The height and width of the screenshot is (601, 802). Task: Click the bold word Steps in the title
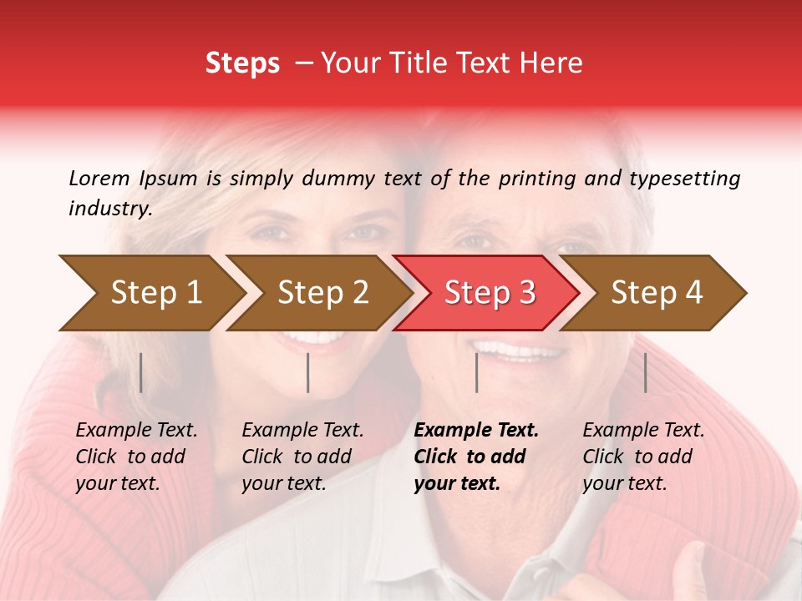pyautogui.click(x=242, y=63)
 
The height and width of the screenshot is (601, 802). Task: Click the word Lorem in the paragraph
pyautogui.click(x=99, y=178)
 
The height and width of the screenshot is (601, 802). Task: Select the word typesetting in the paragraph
pyautogui.click(x=684, y=178)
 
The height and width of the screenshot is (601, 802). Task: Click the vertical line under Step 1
pyautogui.click(x=141, y=372)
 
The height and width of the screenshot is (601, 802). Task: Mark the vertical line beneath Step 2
pyautogui.click(x=308, y=372)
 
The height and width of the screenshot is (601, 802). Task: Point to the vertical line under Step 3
pyautogui.click(x=477, y=372)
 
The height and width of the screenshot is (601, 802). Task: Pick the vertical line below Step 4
pyautogui.click(x=645, y=372)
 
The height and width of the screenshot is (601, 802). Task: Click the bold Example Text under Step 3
pyautogui.click(x=476, y=431)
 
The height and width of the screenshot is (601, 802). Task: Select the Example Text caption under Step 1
pyautogui.click(x=136, y=431)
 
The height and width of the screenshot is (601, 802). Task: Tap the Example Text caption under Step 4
pyautogui.click(x=643, y=431)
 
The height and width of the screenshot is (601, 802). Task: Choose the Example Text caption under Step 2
pyautogui.click(x=302, y=431)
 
